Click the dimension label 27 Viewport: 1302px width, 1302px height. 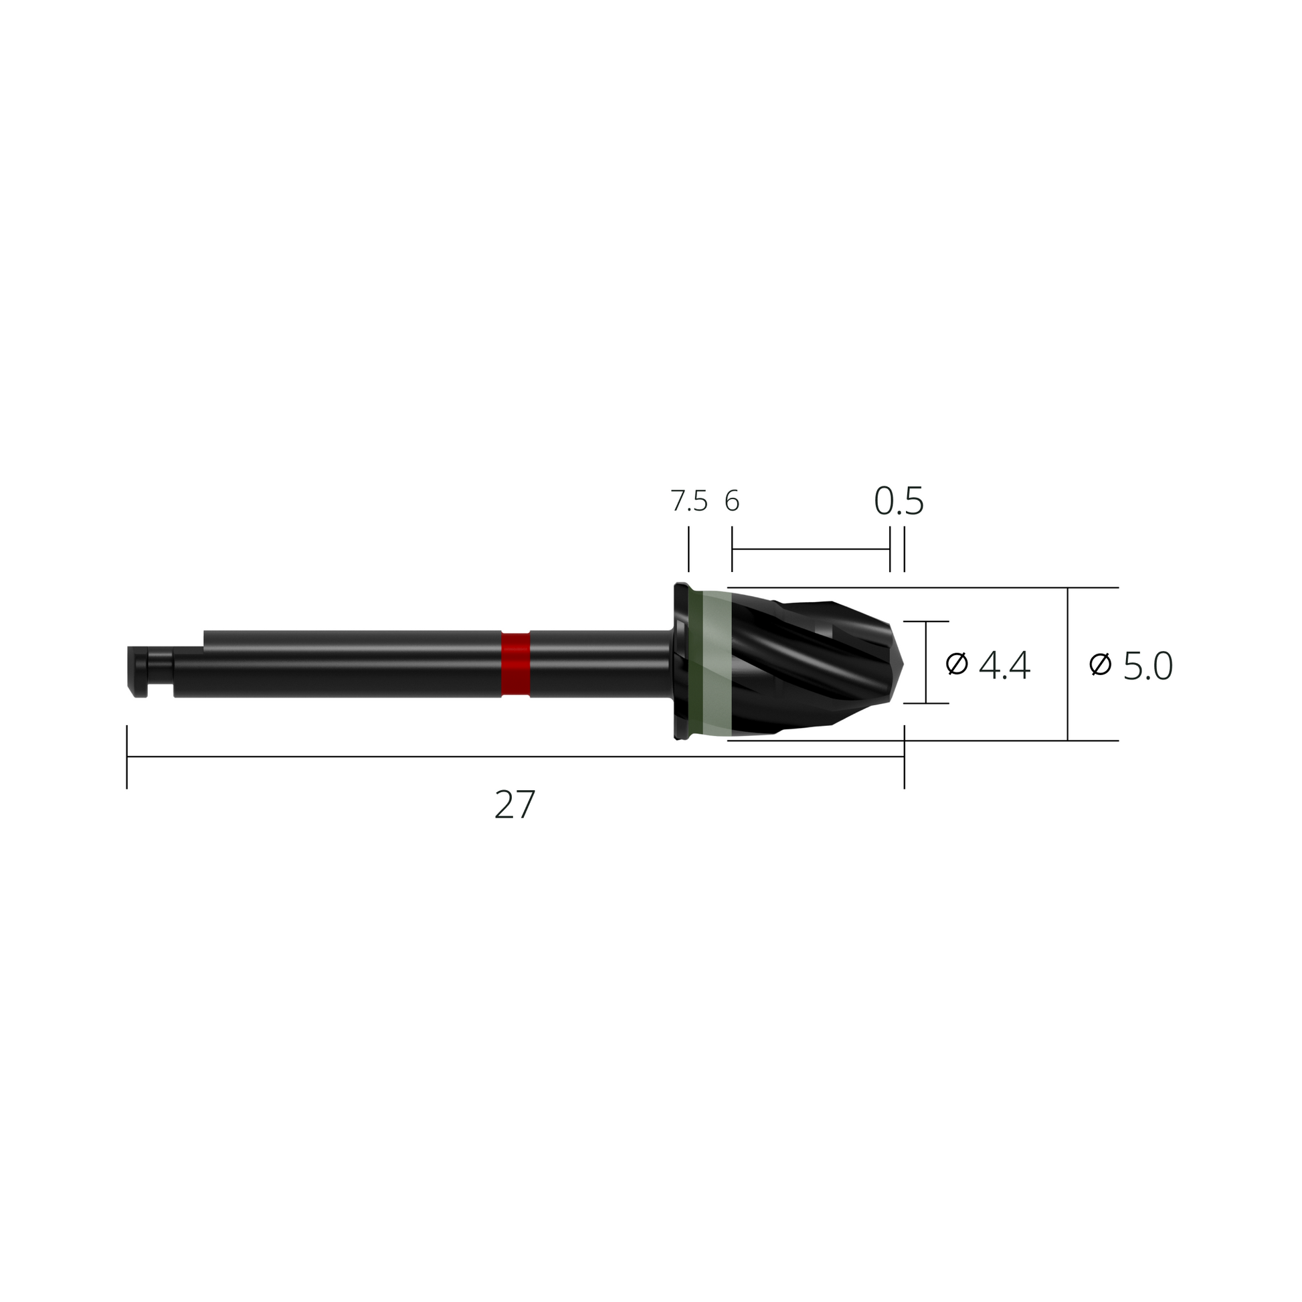[x=515, y=804]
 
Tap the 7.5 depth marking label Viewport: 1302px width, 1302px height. [x=688, y=501]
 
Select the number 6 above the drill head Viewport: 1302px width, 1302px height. [x=732, y=501]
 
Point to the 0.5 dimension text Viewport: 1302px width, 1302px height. [x=899, y=501]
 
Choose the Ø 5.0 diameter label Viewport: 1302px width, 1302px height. [x=1131, y=666]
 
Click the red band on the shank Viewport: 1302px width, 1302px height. [x=516, y=664]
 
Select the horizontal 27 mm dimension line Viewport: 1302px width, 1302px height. [x=472, y=757]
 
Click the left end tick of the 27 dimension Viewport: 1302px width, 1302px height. [x=126, y=757]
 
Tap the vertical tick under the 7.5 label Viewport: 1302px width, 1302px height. [x=688, y=549]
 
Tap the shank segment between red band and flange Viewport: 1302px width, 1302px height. [x=599, y=664]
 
